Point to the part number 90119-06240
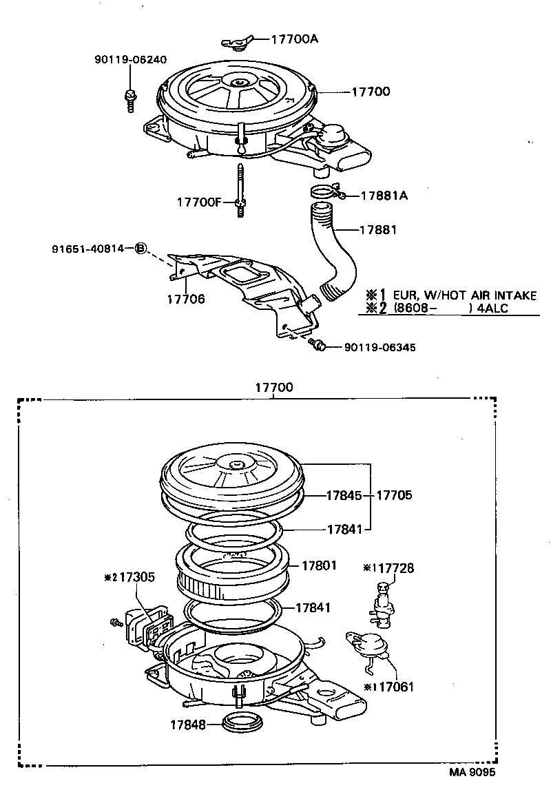pyautogui.click(x=130, y=60)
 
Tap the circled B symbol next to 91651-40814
pyautogui.click(x=141, y=248)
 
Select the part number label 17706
pyautogui.click(x=185, y=299)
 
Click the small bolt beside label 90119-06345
pyautogui.click(x=318, y=344)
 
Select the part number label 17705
pyautogui.click(x=395, y=495)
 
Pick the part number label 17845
pyautogui.click(x=343, y=495)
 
